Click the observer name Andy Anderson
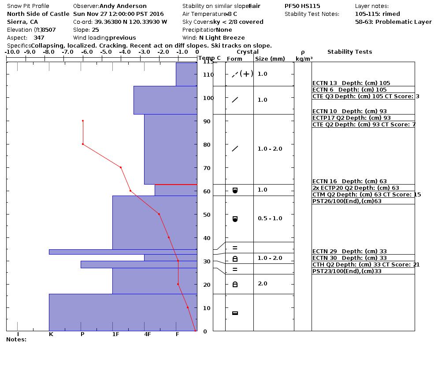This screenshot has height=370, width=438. [123, 6]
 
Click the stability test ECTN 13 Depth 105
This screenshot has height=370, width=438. [351, 83]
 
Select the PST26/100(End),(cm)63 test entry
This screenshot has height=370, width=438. [347, 201]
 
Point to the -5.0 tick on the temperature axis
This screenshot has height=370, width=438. [106, 52]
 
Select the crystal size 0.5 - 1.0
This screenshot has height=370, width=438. [270, 218]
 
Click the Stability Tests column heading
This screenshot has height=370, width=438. [349, 52]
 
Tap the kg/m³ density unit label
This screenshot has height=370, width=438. [304, 59]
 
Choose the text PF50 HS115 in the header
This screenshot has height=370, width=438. [302, 6]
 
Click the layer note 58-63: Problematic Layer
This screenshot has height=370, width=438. [393, 22]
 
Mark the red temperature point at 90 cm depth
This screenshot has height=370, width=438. [82, 121]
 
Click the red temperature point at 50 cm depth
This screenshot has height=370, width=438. [159, 214]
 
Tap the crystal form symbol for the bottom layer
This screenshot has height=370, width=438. [235, 313]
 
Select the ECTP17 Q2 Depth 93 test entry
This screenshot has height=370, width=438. [351, 118]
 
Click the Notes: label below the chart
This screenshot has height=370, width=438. [16, 340]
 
